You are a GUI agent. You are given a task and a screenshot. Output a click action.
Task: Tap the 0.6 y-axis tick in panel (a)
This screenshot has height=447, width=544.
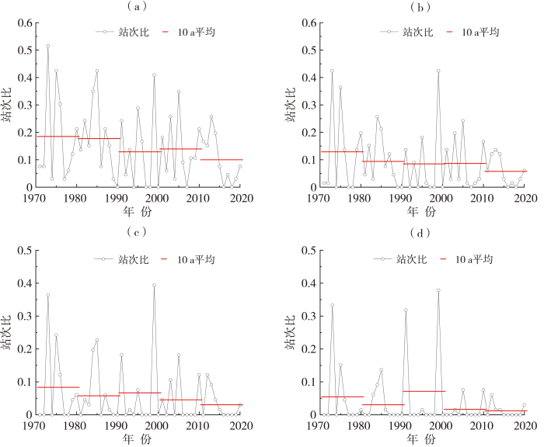click(23, 23)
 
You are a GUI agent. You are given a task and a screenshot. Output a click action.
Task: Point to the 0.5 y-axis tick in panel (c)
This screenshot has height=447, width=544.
click(23, 250)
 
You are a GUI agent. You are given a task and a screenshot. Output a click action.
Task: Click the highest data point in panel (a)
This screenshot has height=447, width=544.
click(47, 46)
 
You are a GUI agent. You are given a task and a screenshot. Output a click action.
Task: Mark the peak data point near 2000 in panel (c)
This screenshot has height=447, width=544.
click(154, 285)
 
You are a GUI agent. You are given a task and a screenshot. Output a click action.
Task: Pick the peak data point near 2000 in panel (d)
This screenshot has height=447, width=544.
click(438, 290)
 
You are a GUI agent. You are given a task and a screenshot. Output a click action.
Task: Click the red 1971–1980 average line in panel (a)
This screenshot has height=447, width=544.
click(58, 137)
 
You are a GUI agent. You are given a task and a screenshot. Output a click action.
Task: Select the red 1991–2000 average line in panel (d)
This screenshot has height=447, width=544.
click(424, 391)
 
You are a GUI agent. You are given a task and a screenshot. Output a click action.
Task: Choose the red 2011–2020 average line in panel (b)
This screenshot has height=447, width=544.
click(506, 171)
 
